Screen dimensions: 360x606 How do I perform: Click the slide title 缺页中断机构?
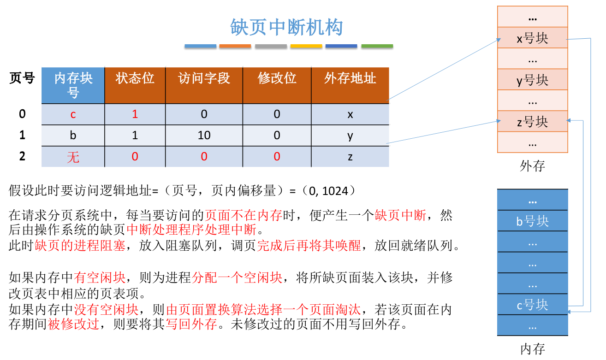(x=286, y=27)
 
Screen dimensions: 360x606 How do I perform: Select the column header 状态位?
(x=135, y=78)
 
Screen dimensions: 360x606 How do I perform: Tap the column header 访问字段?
(x=204, y=78)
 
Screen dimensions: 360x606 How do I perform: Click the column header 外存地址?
(x=350, y=78)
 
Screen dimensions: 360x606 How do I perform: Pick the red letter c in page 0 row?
(x=73, y=114)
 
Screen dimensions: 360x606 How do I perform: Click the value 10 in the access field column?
(x=204, y=136)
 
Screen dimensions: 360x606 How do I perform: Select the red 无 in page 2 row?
(x=73, y=157)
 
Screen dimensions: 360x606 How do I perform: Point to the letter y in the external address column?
(x=350, y=136)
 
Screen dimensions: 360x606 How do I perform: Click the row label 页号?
(x=22, y=78)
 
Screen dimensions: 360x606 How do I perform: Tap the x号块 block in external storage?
(x=532, y=38)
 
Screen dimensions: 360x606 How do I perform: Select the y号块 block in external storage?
(x=532, y=80)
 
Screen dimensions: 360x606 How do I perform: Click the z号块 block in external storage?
(x=532, y=122)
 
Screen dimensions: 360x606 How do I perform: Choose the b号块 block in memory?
(x=532, y=221)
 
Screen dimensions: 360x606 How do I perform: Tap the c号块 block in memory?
(x=532, y=305)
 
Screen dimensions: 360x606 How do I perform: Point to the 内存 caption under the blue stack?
(x=532, y=349)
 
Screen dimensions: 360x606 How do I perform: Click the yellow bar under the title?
(x=306, y=46)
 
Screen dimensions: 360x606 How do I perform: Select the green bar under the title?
(x=377, y=46)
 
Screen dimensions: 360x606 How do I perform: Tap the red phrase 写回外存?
(x=191, y=324)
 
